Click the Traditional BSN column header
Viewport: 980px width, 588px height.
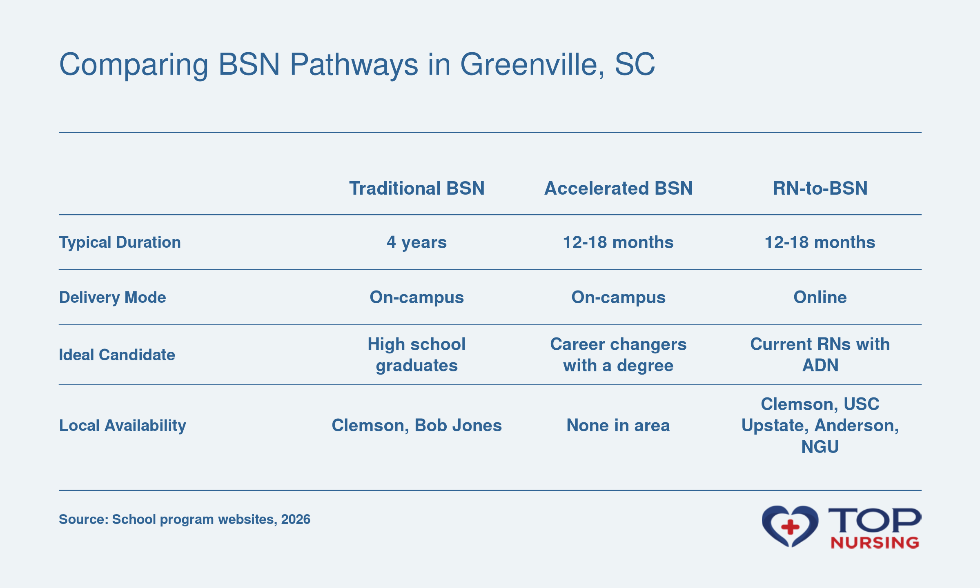tap(416, 189)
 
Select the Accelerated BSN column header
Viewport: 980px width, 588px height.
tap(618, 189)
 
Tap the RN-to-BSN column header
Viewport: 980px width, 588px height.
tap(820, 189)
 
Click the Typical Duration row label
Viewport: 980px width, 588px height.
tap(120, 243)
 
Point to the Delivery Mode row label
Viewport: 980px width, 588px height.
tap(113, 297)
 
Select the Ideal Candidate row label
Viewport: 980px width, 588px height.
tap(117, 355)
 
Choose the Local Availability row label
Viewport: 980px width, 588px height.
tap(122, 426)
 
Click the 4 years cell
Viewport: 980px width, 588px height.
tap(416, 242)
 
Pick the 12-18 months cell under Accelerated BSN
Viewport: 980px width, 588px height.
tap(618, 242)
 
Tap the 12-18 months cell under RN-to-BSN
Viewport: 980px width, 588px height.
tap(820, 242)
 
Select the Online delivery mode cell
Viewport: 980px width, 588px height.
tap(820, 297)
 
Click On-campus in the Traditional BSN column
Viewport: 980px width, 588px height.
tap(416, 297)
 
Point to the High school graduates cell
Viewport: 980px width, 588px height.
tap(416, 355)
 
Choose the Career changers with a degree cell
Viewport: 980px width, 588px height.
tap(618, 355)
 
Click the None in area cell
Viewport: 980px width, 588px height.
tap(618, 426)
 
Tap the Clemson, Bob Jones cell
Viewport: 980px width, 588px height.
tap(416, 426)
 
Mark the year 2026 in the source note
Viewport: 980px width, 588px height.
tap(296, 519)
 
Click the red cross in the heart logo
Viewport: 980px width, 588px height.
tap(790, 527)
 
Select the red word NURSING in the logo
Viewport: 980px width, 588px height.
tap(875, 543)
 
